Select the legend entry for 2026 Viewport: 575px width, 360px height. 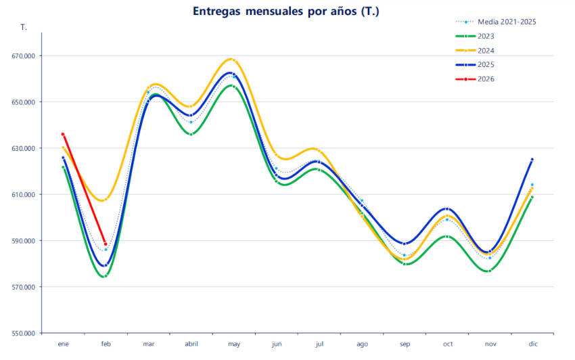pyautogui.click(x=486, y=79)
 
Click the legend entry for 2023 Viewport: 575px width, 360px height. pyautogui.click(x=486, y=36)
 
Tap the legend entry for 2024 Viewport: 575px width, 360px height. pyautogui.click(x=486, y=50)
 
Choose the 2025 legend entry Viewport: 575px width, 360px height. pyautogui.click(x=486, y=64)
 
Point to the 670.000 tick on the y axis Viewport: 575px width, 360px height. pyautogui.click(x=24, y=56)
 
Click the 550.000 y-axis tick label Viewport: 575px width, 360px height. pyautogui.click(x=24, y=333)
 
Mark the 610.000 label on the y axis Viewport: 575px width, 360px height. pyautogui.click(x=24, y=195)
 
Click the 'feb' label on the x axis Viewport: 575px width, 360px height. pyautogui.click(x=106, y=344)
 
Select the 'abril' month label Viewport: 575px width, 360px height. pyautogui.click(x=191, y=344)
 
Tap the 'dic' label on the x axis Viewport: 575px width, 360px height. pyautogui.click(x=533, y=344)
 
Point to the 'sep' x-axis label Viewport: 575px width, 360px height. pyautogui.click(x=405, y=344)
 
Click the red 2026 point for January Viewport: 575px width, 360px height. pyautogui.click(x=63, y=134)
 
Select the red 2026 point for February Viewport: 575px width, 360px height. pyautogui.click(x=106, y=244)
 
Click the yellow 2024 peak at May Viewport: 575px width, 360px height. pyautogui.click(x=233, y=60)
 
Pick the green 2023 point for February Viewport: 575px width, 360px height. pyautogui.click(x=106, y=276)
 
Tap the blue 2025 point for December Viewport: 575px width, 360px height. pyautogui.click(x=532, y=160)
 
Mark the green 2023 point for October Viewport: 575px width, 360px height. pyautogui.click(x=447, y=237)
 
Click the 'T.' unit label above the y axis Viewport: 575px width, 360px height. pyautogui.click(x=24, y=28)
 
